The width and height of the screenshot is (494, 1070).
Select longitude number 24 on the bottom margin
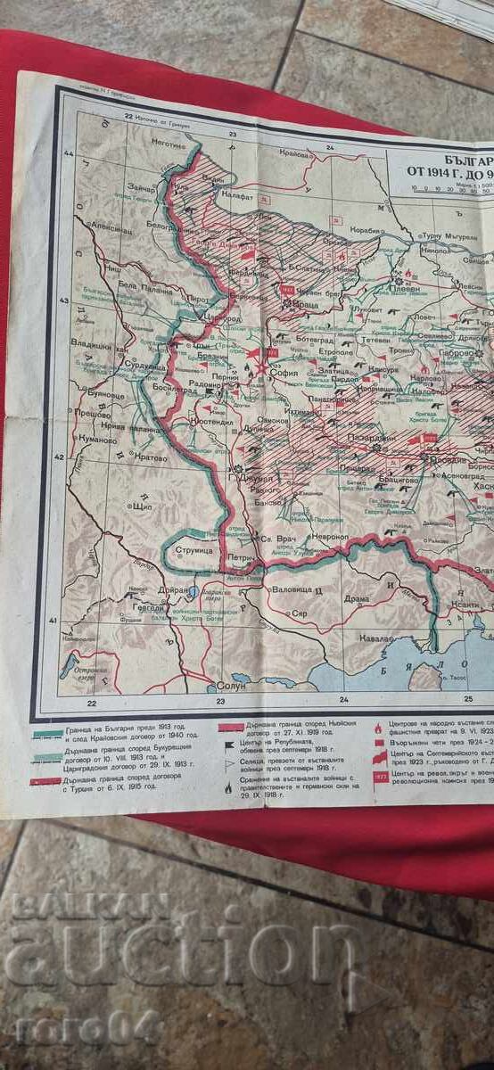pyautogui.click(x=343, y=697)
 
